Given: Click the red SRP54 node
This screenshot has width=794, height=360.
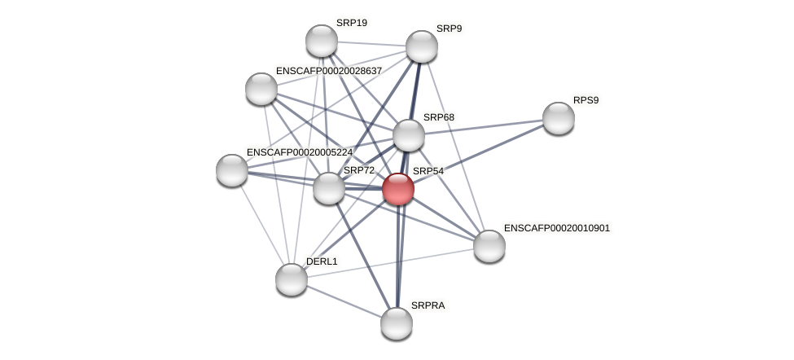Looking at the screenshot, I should [398, 189].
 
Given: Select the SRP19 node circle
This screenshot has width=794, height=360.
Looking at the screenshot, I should [322, 41].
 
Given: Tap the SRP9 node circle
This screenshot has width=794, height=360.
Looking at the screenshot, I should [422, 46].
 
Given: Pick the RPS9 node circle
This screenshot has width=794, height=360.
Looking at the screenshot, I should [559, 118].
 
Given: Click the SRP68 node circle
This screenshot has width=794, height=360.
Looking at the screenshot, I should [409, 135].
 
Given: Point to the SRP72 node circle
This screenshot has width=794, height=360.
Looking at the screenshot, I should [329, 188].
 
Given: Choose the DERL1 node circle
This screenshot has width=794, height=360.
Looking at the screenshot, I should [292, 279].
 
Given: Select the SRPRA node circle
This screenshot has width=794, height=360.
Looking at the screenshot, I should [397, 323].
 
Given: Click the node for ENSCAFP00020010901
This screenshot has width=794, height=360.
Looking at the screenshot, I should [489, 246].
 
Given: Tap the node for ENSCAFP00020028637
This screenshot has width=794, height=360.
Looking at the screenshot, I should [261, 89].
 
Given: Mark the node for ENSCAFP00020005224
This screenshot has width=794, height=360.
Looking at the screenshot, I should [232, 170].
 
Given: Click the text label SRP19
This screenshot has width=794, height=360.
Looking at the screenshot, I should [352, 23].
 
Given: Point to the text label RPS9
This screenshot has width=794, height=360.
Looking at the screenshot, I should [586, 100].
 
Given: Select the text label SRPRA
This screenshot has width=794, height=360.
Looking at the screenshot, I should [428, 305].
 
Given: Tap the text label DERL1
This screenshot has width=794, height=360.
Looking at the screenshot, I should [322, 261].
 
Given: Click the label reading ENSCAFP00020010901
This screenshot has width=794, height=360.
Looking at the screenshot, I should [556, 228].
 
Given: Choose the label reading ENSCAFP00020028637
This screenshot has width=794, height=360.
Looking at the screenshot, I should [328, 71].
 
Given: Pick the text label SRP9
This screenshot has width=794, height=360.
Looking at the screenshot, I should [449, 29].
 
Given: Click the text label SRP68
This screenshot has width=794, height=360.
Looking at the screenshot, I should [439, 117].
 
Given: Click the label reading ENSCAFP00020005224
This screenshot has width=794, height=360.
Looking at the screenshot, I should [299, 152].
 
